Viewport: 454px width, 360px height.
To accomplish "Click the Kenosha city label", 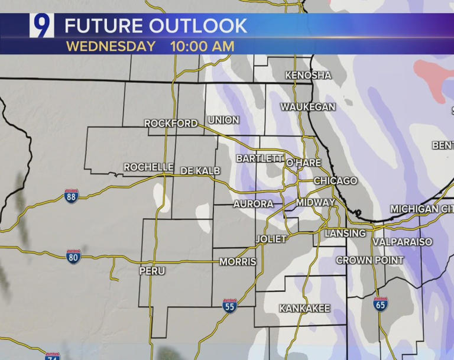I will [308, 75].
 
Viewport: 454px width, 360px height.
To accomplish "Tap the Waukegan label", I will [308, 107].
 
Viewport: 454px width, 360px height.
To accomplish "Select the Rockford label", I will [171, 124].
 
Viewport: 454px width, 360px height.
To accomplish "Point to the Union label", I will [223, 120].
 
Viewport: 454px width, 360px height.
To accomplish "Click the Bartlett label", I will [260, 158].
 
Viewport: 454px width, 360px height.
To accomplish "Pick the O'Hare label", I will [303, 163].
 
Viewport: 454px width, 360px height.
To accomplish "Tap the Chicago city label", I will [335, 180].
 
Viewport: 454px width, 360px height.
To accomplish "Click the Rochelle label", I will [148, 167].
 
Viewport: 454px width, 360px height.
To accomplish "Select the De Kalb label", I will [200, 171].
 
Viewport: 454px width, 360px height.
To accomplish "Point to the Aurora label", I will [254, 204].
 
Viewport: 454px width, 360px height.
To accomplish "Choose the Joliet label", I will [271, 239].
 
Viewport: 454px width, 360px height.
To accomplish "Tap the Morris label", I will [238, 262].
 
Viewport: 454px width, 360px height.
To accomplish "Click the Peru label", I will [152, 271].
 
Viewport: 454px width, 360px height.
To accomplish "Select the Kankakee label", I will [304, 309].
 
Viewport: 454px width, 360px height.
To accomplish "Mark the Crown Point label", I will [370, 260].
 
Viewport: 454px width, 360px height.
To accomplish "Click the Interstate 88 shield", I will [72, 196].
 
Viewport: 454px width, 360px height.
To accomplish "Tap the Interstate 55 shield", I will [230, 306].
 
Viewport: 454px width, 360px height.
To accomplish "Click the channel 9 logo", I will [42, 26].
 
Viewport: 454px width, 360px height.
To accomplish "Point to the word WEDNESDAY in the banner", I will [111, 46].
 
